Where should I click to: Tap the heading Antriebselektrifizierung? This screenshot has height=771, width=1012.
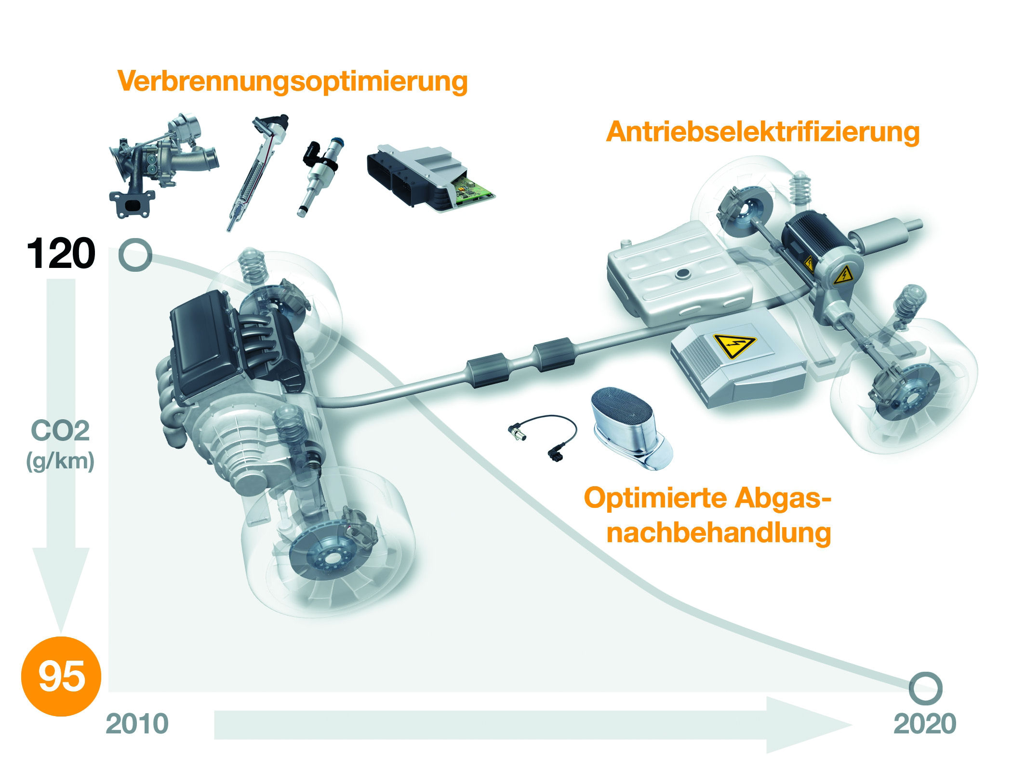763,132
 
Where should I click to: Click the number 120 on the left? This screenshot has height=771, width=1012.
61,254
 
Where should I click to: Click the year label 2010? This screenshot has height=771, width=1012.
137,724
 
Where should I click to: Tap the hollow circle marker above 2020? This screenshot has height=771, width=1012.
925,688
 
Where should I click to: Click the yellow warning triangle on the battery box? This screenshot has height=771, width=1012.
734,346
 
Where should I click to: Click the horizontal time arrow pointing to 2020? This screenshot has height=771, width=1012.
530,725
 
